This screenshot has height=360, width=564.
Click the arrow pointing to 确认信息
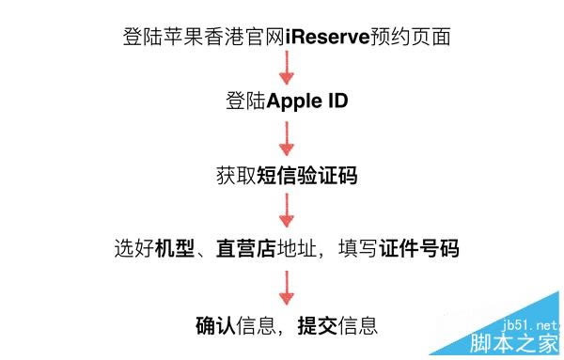[x=288, y=288]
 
